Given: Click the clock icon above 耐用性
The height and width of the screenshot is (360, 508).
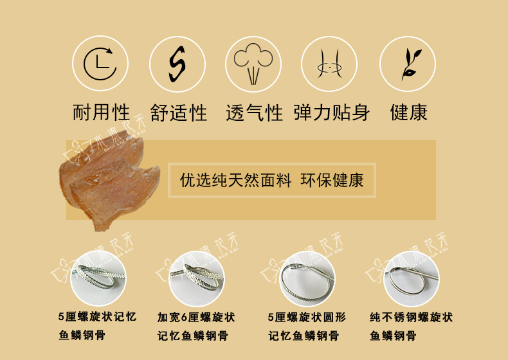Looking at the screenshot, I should pyautogui.click(x=100, y=63).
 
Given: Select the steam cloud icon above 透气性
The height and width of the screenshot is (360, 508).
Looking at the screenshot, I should pyautogui.click(x=253, y=63).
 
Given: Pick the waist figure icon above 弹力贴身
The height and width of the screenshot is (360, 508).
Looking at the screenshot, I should pyautogui.click(x=329, y=63).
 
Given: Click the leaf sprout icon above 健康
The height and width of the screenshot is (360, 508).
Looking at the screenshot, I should pyautogui.click(x=408, y=63).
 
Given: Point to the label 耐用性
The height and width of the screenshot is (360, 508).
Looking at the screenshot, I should pyautogui.click(x=100, y=113).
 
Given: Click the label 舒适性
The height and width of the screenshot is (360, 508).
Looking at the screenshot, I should pyautogui.click(x=179, y=114).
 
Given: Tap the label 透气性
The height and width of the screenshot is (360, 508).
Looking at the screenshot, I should pyautogui.click(x=254, y=114).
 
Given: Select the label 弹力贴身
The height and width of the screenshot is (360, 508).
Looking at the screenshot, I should pyautogui.click(x=332, y=113).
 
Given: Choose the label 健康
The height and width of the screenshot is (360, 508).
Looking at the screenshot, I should pyautogui.click(x=409, y=113).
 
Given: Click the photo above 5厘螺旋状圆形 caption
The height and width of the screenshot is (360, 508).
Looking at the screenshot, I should pyautogui.click(x=305, y=278).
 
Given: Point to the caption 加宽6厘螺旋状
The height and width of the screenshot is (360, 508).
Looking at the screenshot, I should pyautogui.click(x=196, y=317).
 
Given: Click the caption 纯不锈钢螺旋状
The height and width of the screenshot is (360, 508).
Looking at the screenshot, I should pyautogui.click(x=411, y=317).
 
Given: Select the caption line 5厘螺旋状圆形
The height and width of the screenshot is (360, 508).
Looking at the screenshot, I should pyautogui.click(x=307, y=317).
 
